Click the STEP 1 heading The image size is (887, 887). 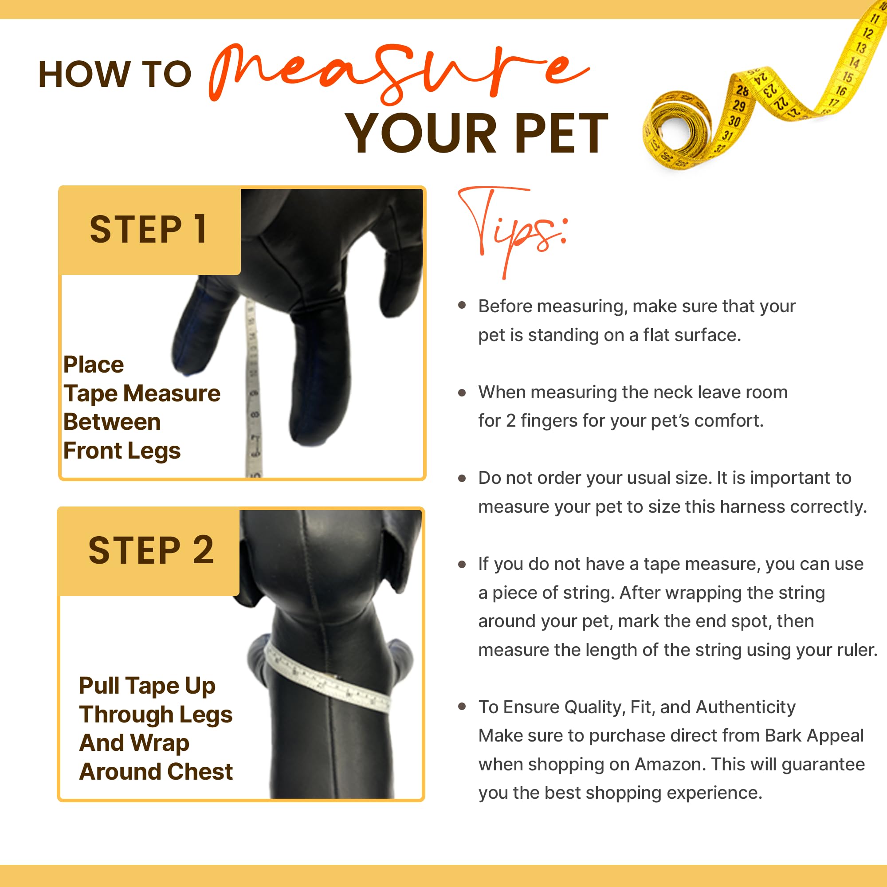148,230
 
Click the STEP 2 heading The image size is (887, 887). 151,550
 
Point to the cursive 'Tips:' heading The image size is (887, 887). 512,230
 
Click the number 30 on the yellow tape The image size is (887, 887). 734,121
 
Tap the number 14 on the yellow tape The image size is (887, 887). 854,62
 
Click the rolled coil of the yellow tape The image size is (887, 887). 675,131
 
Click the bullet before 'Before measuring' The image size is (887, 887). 462,305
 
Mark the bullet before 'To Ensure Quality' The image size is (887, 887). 462,706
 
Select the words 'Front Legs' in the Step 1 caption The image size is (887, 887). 122,451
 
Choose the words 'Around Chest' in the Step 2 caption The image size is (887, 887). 156,772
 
